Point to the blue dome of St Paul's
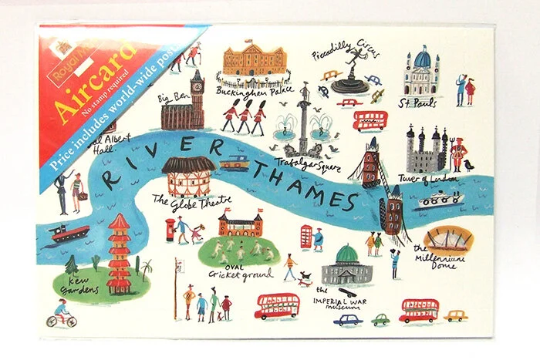pyautogui.click(x=421, y=58)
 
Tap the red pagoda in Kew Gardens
pyautogui.click(x=120, y=254)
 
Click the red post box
pyautogui.click(x=170, y=228)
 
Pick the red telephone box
pyautogui.click(x=306, y=236)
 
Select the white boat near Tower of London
pyautogui.click(x=438, y=200)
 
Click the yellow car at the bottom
pyautogui.click(x=456, y=315)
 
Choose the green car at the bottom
pyautogui.click(x=381, y=319)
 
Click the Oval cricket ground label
pyautogui.click(x=238, y=271)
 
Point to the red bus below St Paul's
pyautogui.click(x=370, y=120)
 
